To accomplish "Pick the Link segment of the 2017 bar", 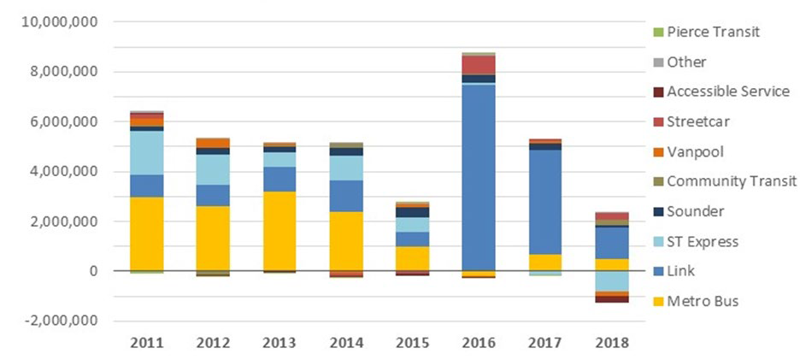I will [x=545, y=202].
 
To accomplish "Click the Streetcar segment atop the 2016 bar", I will [x=478, y=65].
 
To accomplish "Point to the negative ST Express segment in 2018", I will [x=612, y=281].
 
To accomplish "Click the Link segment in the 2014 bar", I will [x=345, y=196].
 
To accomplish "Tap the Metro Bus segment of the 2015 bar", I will [x=412, y=258].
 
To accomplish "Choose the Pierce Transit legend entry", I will [x=713, y=32].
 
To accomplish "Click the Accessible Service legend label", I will [x=727, y=91].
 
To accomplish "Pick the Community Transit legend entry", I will [x=731, y=180].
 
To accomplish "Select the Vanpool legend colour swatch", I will [x=656, y=151].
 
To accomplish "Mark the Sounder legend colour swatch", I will [x=656, y=211].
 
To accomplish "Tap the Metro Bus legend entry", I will [x=702, y=300].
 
